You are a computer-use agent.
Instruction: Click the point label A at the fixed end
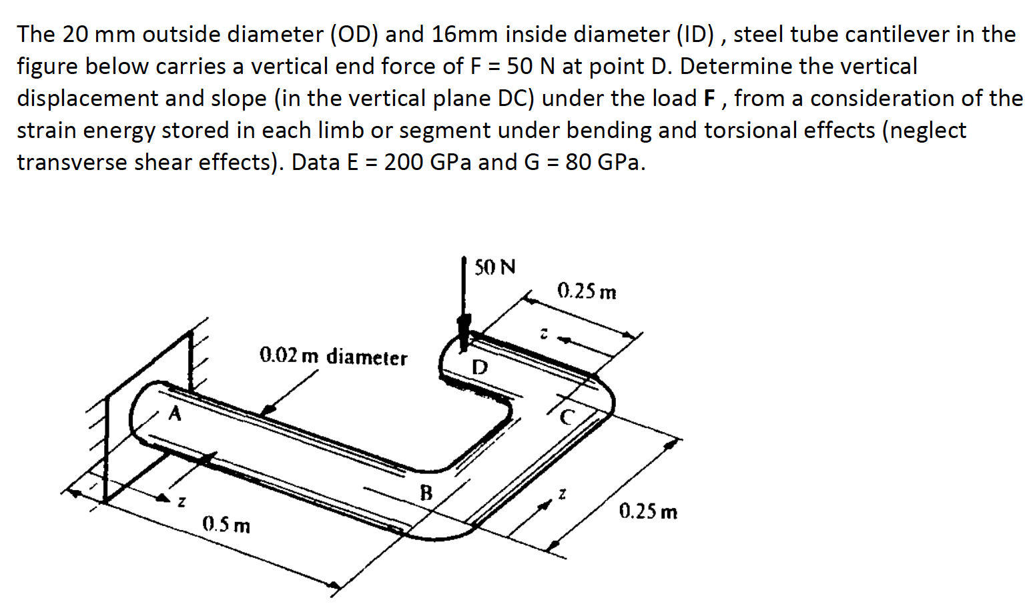(x=175, y=414)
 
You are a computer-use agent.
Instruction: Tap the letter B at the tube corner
(x=425, y=493)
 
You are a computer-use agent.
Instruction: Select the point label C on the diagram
(x=567, y=417)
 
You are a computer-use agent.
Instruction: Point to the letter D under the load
(x=480, y=367)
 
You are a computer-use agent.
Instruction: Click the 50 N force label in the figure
(x=494, y=268)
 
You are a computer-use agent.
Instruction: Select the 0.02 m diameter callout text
(x=333, y=357)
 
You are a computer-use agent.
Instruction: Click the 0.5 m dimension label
(x=226, y=525)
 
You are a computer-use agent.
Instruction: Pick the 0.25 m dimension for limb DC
(x=587, y=291)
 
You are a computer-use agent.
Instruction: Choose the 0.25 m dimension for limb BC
(x=647, y=512)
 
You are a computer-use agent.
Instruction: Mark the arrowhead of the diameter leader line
(x=267, y=411)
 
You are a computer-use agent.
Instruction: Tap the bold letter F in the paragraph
(x=710, y=99)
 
